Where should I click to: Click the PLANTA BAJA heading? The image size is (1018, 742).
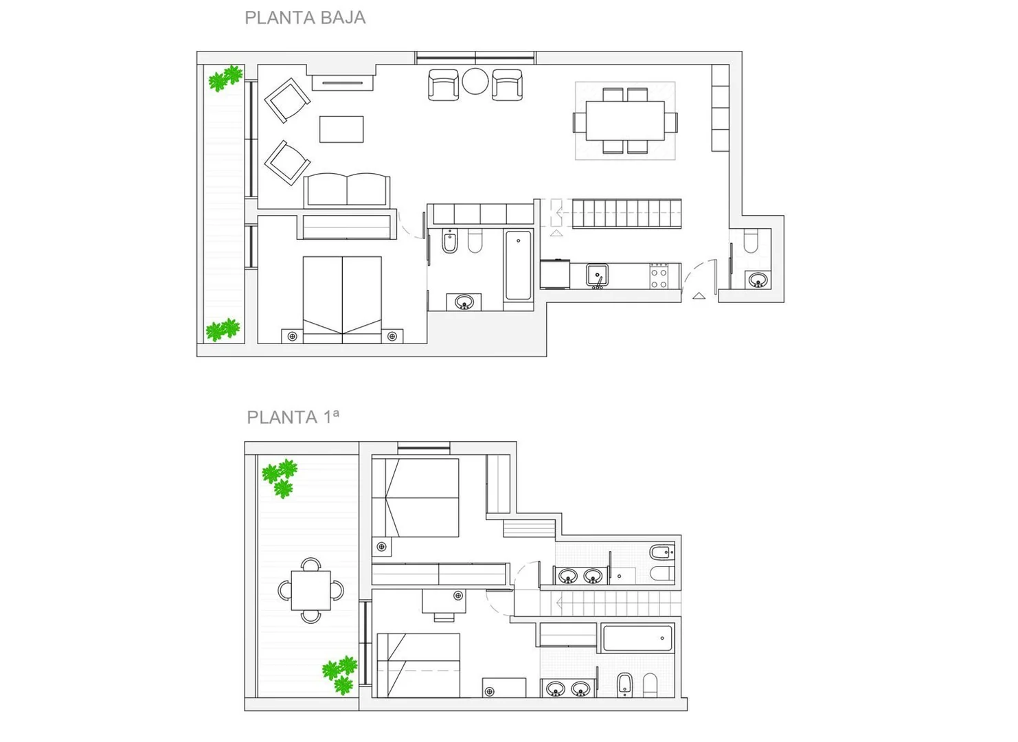click(305, 18)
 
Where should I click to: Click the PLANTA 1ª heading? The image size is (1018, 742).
click(293, 416)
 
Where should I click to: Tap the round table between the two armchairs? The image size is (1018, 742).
click(475, 81)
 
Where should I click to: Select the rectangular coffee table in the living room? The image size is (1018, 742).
click(341, 130)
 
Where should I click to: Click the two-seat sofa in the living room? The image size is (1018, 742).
click(346, 190)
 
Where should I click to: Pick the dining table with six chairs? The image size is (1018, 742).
click(625, 120)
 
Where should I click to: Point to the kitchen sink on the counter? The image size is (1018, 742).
click(597, 275)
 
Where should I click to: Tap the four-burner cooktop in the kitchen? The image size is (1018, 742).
click(659, 276)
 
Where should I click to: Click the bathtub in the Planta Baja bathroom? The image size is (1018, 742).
click(519, 265)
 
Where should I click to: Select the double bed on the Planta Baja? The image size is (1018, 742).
click(342, 300)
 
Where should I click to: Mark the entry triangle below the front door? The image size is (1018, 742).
click(699, 296)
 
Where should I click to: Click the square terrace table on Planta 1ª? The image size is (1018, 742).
click(311, 591)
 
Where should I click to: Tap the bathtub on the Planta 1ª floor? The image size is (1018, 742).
click(638, 638)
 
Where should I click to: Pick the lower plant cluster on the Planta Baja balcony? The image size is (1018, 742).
click(223, 330)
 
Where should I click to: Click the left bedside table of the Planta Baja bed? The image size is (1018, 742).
click(292, 337)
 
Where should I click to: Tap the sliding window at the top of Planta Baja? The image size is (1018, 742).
click(475, 58)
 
